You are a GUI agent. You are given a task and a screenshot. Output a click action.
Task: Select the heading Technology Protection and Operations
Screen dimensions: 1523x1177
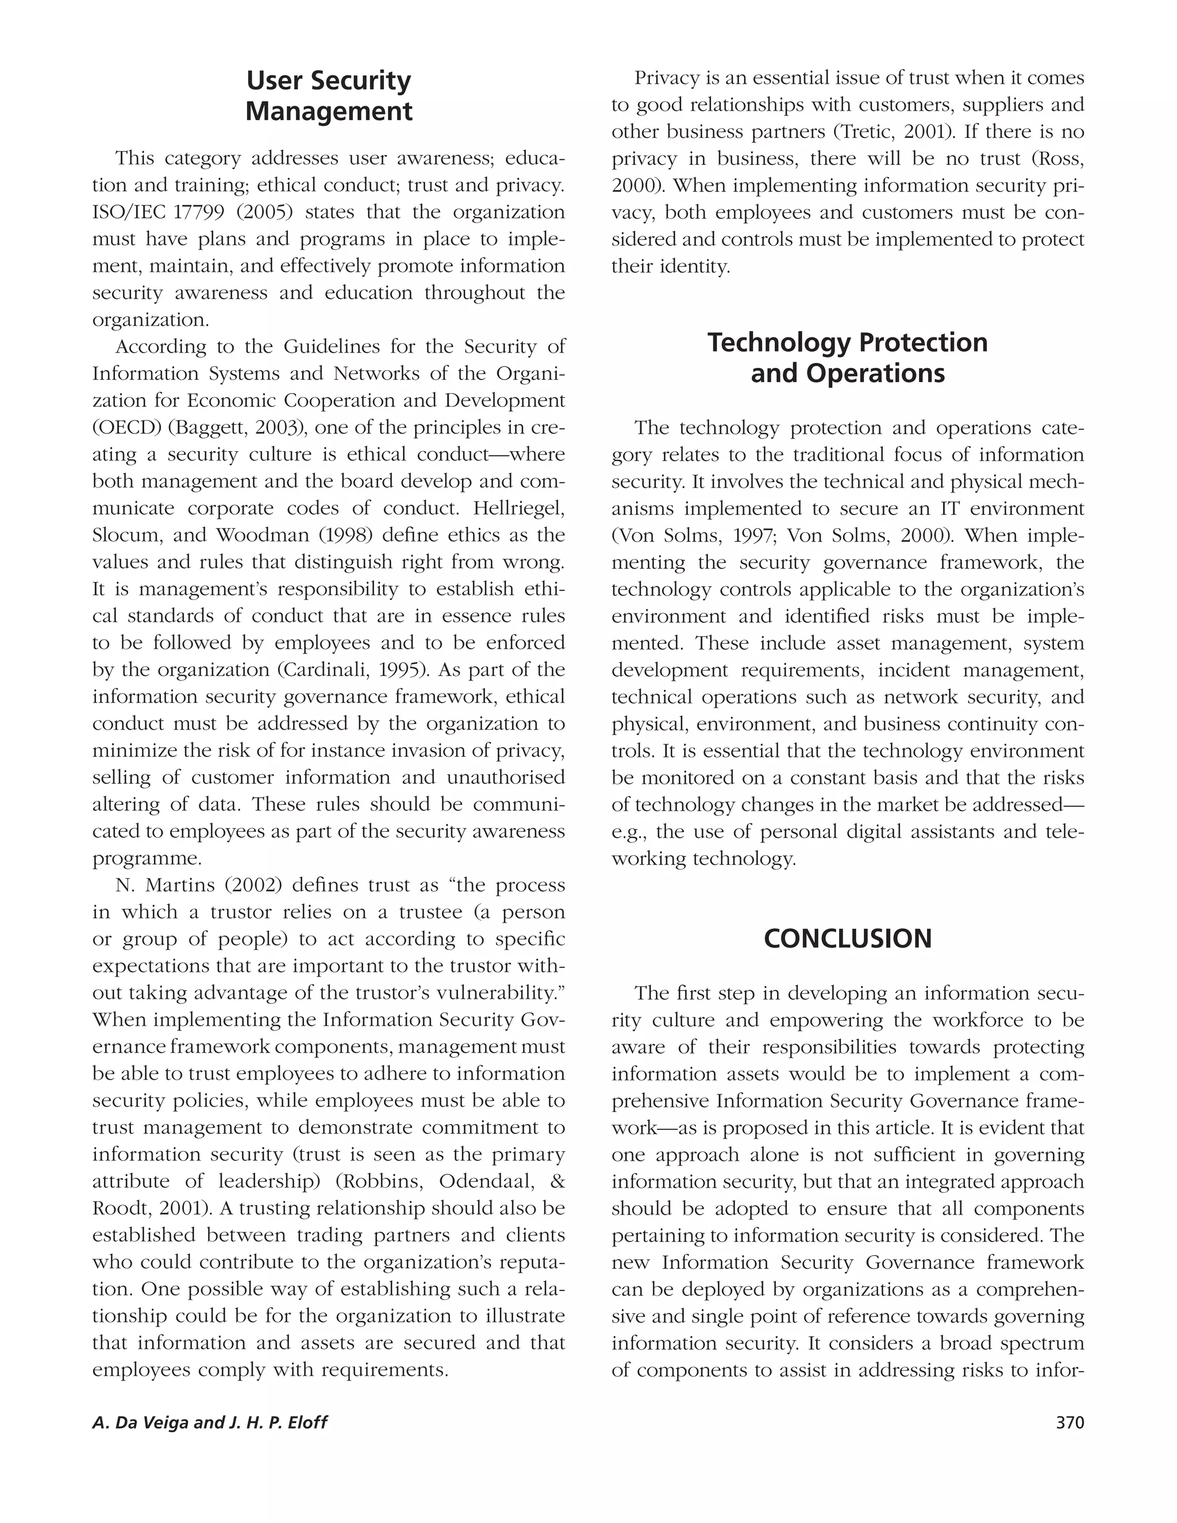click(847, 357)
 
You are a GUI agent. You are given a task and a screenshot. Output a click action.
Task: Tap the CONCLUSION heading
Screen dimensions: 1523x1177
click(847, 939)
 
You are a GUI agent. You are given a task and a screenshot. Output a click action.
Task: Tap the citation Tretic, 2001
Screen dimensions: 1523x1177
click(886, 132)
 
